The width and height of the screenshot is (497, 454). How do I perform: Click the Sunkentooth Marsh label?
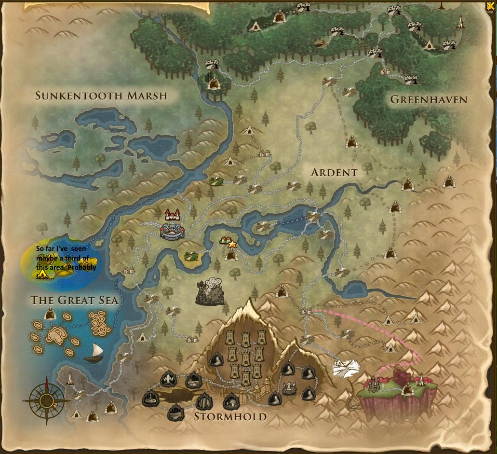(101, 96)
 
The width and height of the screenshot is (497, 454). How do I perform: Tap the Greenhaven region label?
(429, 100)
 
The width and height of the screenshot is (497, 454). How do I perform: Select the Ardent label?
(334, 172)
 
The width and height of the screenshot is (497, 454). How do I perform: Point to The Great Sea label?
(74, 300)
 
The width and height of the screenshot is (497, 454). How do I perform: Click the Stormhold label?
(230, 416)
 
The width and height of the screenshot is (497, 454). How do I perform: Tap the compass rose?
(47, 400)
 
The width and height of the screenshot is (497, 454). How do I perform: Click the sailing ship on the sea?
(94, 353)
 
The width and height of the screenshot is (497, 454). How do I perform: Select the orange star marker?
(232, 245)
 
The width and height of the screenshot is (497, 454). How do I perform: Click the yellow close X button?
(490, 6)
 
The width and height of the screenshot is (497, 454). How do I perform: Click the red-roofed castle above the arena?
(172, 214)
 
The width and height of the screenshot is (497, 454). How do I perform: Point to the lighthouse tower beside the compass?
(70, 378)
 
